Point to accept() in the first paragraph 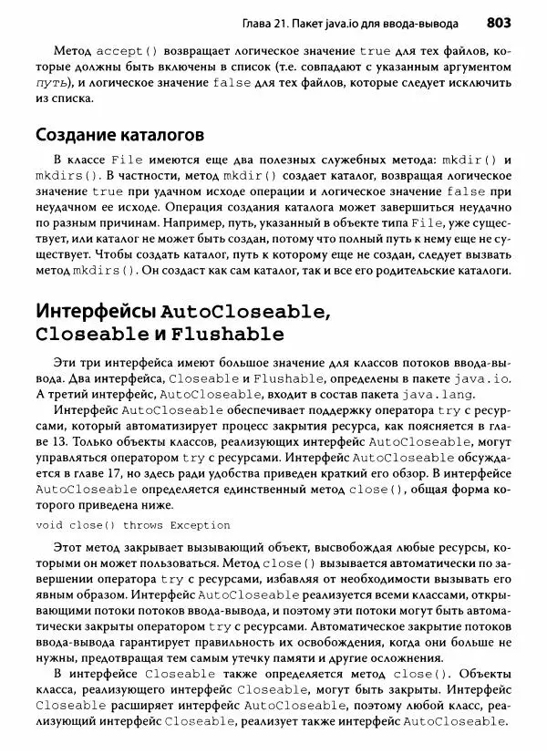coord(127,50)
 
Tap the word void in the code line coord(51,526)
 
